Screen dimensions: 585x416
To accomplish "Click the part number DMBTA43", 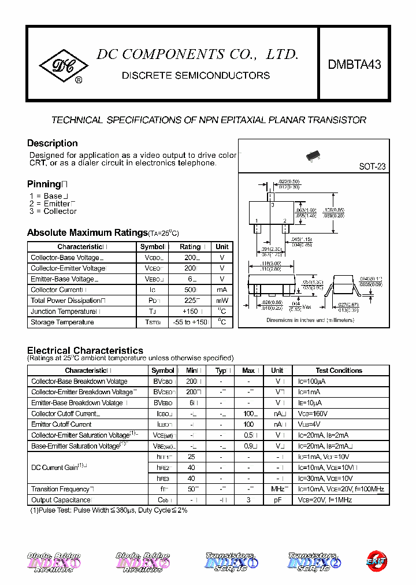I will click(354, 65).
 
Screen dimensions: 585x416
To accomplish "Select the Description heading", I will click(53, 143).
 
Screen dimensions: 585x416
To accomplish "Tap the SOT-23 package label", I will click(372, 166).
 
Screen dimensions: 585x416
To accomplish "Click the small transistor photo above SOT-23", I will click(313, 156).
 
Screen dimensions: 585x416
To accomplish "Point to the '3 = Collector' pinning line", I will click(53, 212).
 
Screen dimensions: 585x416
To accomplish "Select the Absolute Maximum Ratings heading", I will click(87, 232).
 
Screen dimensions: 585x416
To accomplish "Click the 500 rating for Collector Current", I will click(190, 290).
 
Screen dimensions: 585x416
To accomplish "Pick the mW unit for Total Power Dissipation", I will click(222, 301).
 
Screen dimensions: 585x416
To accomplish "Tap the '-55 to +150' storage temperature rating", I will click(190, 323).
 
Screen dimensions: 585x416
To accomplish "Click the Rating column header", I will click(190, 246).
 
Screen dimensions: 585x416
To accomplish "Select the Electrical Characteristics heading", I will click(85, 350).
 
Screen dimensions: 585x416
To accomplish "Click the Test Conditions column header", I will click(339, 371).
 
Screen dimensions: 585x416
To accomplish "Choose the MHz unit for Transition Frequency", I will click(278, 490).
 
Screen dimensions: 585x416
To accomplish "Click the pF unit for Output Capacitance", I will click(277, 500).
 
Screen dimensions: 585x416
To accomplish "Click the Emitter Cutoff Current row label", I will click(61, 424).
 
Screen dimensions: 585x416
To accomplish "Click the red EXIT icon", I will click(376, 560).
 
